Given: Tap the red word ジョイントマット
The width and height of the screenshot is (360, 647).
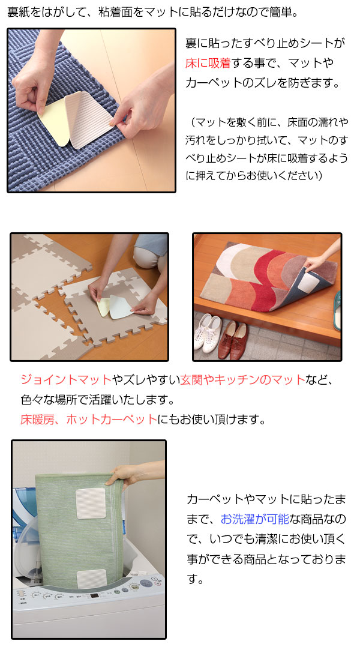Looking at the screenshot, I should [66, 379].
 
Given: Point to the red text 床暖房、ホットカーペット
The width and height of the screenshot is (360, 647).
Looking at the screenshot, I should [88, 419].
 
